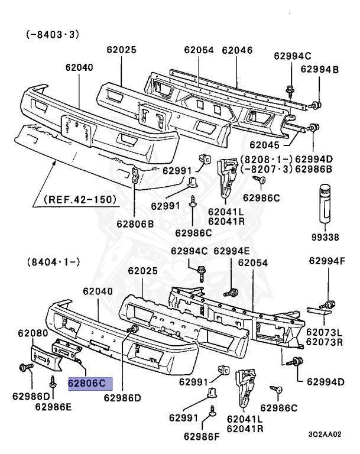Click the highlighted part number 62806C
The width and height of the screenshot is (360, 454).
87,382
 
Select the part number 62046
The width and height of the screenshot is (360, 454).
237,50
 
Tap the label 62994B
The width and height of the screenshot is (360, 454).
320,70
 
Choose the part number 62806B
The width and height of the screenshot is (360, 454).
135,223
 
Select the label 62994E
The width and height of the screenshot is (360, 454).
232,251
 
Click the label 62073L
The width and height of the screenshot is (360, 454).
324,333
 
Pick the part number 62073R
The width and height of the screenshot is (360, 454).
324,342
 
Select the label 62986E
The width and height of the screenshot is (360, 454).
53,406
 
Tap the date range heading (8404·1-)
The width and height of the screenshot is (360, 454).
53,260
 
